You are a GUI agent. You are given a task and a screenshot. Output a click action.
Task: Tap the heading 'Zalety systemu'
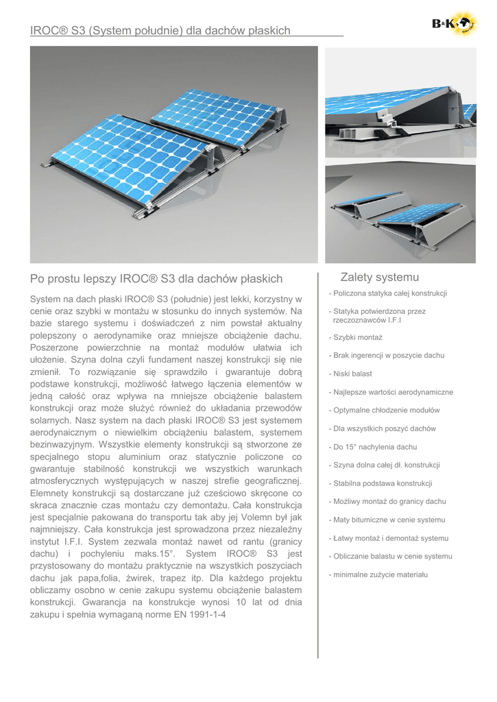pos(379,277)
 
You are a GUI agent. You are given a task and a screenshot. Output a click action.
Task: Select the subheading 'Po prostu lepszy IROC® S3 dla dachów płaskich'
pos(156,278)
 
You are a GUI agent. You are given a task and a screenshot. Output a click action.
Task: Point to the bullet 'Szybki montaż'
pos(356,337)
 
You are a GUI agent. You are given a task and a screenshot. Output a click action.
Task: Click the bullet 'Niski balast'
pos(353,374)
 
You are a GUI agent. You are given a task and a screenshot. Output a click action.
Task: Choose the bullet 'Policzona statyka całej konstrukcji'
pos(388,293)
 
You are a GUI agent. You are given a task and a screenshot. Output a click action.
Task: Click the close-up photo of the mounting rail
pos(400,102)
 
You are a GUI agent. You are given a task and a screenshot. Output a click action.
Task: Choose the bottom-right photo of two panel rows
pos(400,212)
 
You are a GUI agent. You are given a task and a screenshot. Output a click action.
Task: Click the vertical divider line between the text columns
pos(318,466)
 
